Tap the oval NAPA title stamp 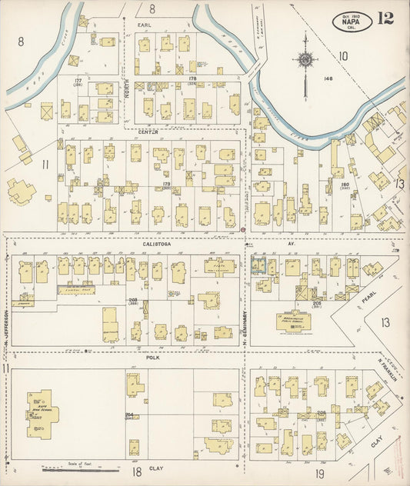click(353, 21)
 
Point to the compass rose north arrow click(305, 60)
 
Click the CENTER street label click(148, 132)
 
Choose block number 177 click(78, 81)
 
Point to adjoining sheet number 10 click(343, 55)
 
